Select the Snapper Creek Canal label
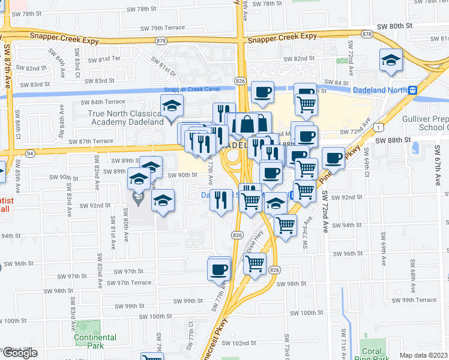[x=192, y=89]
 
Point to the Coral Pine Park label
[x=372, y=355]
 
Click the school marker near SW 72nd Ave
[x=390, y=60]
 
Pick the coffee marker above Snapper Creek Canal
[x=262, y=92]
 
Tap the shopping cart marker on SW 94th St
[x=286, y=225]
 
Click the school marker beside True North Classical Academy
[x=172, y=106]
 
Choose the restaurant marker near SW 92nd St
[x=221, y=199]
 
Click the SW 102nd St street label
[x=238, y=343]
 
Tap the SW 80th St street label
[x=396, y=26]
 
